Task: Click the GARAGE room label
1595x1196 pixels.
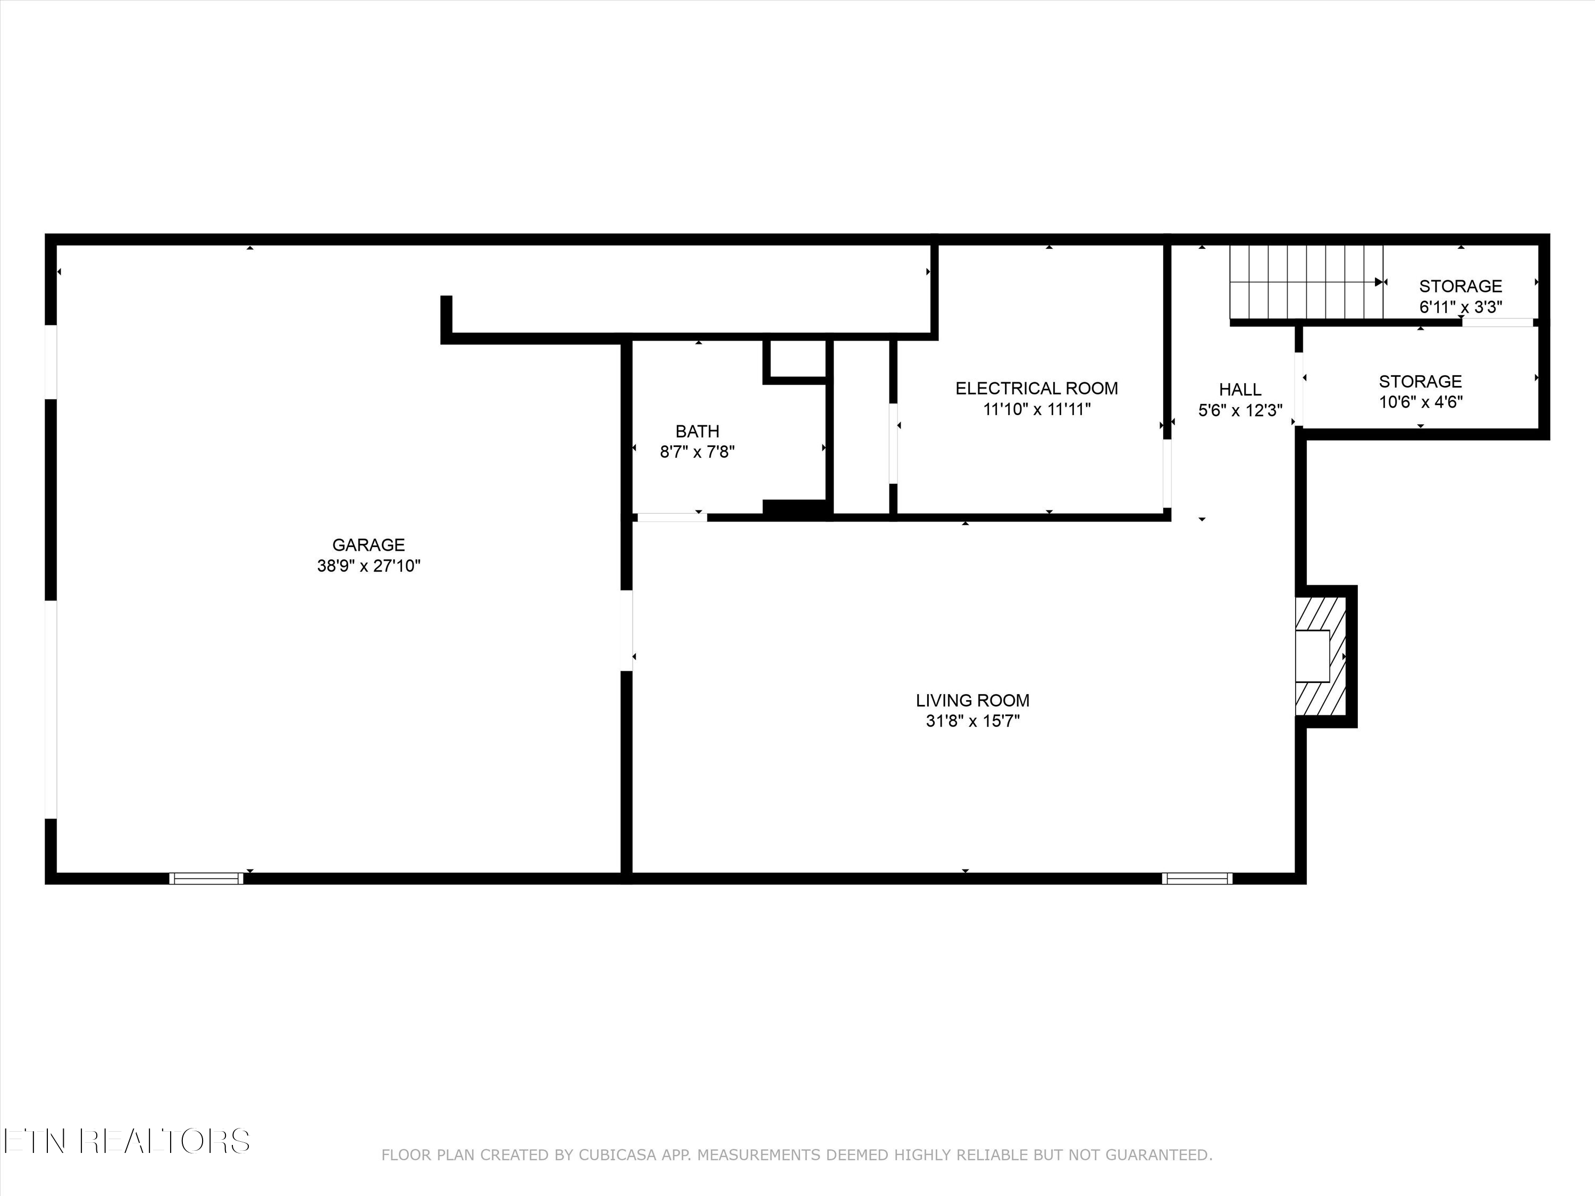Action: point(368,545)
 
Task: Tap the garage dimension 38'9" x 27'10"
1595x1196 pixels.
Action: point(368,566)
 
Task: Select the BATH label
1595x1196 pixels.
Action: point(697,431)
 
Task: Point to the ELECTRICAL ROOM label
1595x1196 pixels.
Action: point(1036,389)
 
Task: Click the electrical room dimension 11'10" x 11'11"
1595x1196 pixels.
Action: point(1036,409)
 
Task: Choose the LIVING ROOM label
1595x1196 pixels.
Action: point(972,700)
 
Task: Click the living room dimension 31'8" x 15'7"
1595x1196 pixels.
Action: point(972,721)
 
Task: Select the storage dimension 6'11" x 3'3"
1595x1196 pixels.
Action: point(1460,307)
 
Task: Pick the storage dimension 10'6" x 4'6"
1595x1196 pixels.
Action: point(1420,402)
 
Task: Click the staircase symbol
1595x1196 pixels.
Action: point(1305,282)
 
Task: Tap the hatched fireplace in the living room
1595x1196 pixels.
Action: point(1321,656)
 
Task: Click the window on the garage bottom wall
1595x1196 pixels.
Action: point(206,878)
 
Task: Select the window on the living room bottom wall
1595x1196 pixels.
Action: point(1197,878)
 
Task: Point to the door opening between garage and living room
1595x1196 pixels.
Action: point(627,631)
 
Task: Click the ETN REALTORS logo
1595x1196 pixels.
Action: point(126,1141)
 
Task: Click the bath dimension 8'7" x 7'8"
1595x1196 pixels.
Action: point(697,452)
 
